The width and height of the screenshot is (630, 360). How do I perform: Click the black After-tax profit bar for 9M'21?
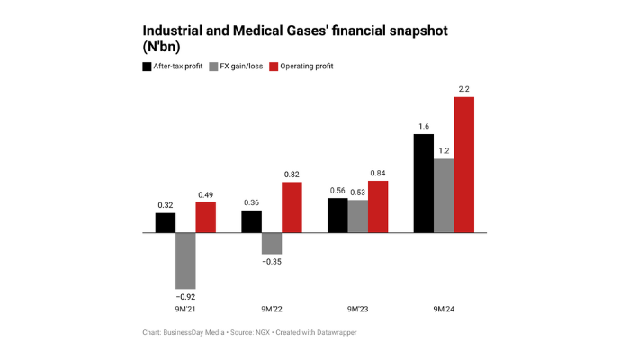click(166, 222)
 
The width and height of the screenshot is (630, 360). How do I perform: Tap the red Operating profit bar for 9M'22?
click(292, 207)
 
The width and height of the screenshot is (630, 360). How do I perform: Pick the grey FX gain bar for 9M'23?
click(358, 216)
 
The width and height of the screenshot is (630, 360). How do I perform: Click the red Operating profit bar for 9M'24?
click(463, 164)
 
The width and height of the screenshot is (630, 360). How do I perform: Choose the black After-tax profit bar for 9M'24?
click(423, 183)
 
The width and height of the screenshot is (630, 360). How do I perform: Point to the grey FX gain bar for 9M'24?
click(444, 195)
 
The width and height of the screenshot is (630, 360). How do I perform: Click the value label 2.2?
click(463, 88)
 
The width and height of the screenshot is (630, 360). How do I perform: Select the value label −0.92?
click(185, 294)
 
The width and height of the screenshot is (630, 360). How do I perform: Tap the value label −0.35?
click(272, 262)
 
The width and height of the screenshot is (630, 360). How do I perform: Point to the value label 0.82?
click(292, 174)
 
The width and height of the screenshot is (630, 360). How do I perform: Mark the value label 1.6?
click(423, 126)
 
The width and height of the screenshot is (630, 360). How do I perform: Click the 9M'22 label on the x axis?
click(273, 309)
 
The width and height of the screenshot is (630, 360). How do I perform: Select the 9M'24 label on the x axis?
click(444, 309)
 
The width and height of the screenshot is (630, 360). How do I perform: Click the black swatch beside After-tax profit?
click(148, 67)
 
